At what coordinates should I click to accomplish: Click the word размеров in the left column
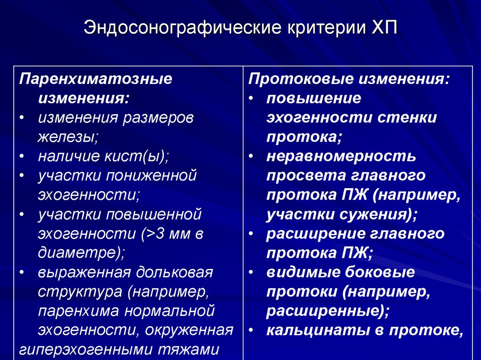[x=158, y=117]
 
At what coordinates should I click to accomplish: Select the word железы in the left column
[x=65, y=137]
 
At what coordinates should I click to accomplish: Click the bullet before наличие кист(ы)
[x=23, y=156]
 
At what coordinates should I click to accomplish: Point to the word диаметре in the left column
[x=78, y=253]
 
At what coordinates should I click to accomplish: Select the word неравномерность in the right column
[x=341, y=156]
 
